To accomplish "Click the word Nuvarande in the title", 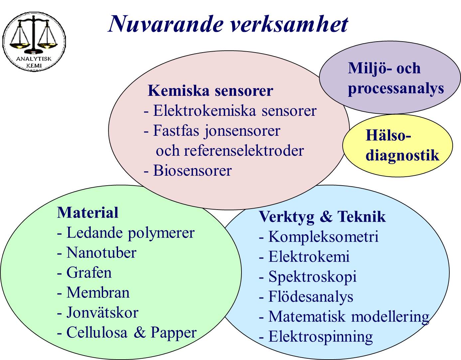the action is [166, 24].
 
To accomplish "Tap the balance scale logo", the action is [34, 42].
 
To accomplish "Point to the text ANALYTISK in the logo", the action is [34, 59].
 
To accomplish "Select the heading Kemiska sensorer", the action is [210, 91].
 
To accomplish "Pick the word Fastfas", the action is [176, 131].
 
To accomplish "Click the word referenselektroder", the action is [244, 151].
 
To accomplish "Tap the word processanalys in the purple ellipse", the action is [396, 89].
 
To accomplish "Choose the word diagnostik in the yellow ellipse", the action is [402, 155].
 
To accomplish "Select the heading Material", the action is [87, 213].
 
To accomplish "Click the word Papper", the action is [174, 332].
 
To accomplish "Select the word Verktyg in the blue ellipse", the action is [287, 217].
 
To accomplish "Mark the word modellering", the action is [390, 316].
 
